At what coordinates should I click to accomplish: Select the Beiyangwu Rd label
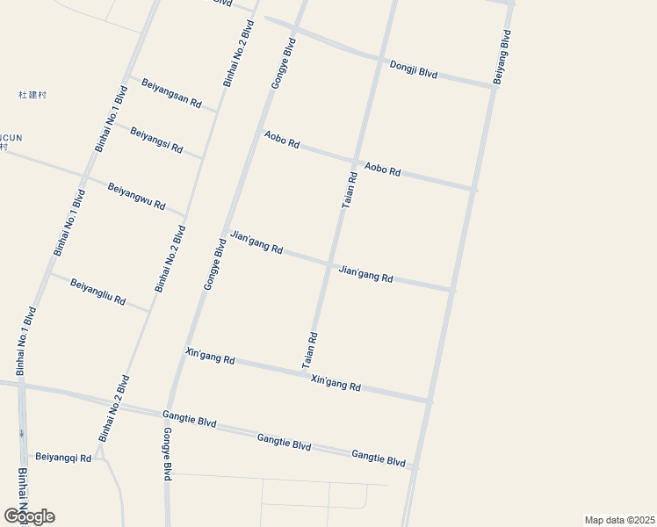136,195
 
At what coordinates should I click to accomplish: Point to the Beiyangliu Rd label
97,292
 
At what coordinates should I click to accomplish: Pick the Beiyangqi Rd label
62,458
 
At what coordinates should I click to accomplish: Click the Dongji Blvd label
413,69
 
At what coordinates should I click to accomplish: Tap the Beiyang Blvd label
502,57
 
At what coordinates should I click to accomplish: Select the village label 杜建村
32,94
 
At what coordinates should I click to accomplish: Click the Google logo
29,516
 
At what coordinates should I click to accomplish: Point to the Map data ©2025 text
619,520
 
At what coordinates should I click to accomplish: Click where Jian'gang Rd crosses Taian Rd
331,263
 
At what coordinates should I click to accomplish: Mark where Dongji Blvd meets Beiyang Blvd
493,87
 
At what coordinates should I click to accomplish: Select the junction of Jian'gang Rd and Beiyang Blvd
452,289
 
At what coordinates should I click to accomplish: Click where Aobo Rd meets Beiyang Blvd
474,189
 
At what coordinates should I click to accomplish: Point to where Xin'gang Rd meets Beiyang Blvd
430,401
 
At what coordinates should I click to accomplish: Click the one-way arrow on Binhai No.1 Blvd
21,432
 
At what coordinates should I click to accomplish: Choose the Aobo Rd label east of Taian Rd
382,169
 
